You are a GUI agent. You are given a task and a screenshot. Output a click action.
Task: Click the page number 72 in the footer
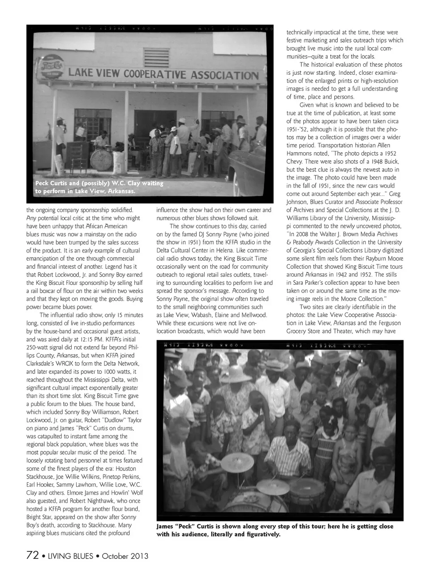[32, 556]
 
